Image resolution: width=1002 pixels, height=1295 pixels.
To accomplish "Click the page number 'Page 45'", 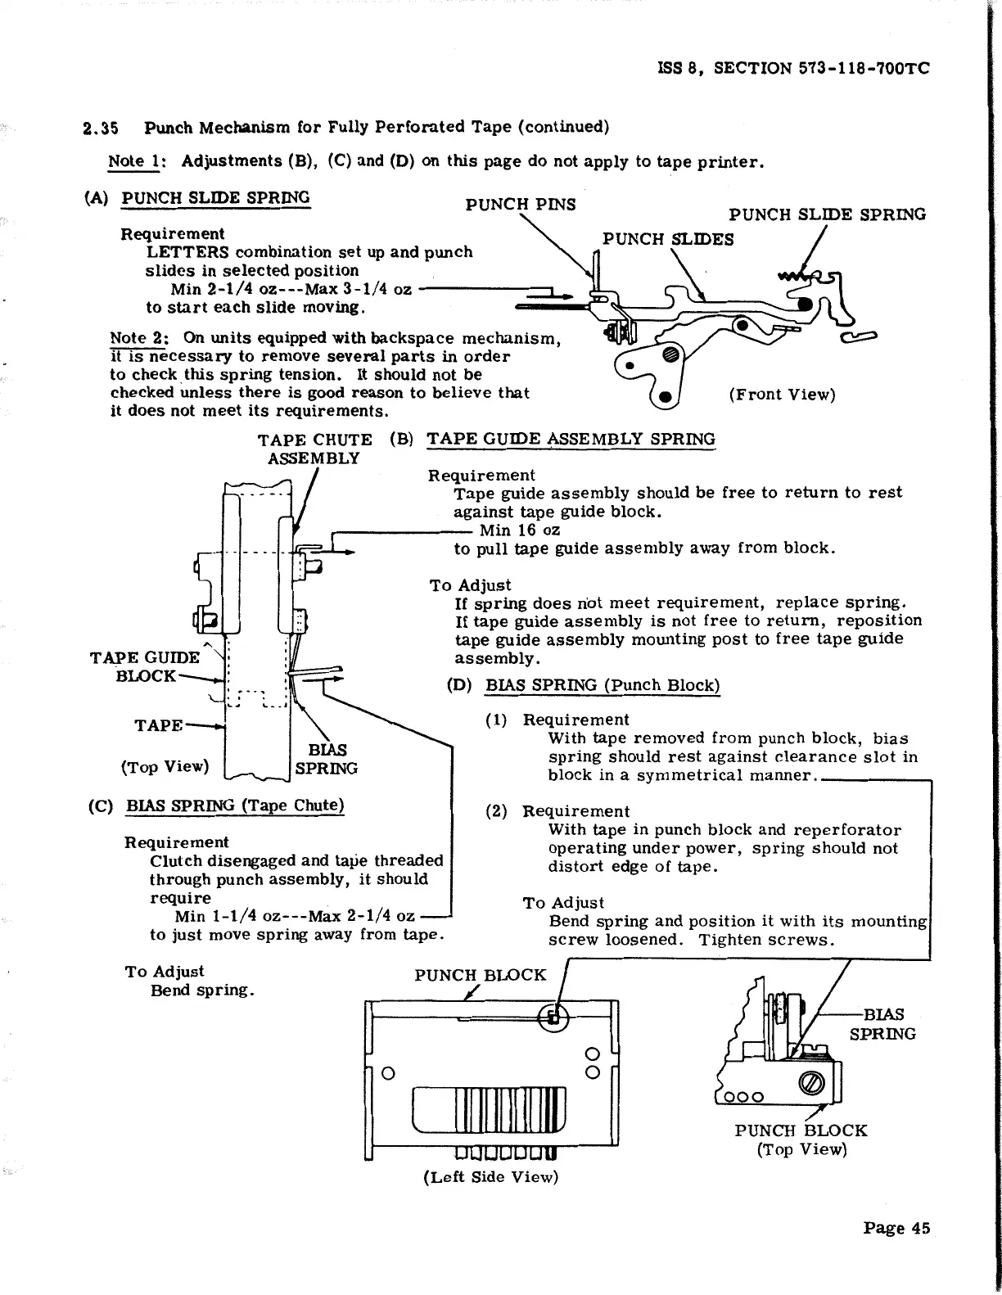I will click(x=896, y=1228).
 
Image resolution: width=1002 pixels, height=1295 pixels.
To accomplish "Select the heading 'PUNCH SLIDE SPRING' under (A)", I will click(x=215, y=198).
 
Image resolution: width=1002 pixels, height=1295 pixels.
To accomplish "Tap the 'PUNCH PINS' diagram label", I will click(x=520, y=204).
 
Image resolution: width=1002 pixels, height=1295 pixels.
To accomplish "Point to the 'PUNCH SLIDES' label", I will click(x=668, y=239).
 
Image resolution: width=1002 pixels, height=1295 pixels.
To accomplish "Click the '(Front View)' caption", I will click(x=782, y=395).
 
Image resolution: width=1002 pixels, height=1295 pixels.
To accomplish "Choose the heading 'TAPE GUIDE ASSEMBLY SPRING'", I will click(x=571, y=439).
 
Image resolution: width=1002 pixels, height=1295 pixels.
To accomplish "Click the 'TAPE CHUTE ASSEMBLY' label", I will click(x=314, y=449).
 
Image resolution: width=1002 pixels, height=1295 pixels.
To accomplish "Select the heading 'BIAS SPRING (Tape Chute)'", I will click(x=235, y=805).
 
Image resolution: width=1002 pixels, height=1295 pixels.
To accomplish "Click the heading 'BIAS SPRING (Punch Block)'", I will click(x=603, y=685).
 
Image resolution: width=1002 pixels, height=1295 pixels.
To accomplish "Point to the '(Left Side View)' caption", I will click(x=490, y=1177).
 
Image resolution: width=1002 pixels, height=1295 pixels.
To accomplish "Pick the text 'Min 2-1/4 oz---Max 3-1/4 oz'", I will click(x=291, y=289).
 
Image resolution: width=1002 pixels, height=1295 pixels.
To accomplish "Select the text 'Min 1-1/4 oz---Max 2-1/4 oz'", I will click(x=295, y=916).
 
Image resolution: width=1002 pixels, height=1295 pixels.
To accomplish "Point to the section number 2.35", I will click(x=102, y=128).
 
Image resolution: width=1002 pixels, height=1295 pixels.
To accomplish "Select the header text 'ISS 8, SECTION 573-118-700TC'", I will click(x=793, y=69).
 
